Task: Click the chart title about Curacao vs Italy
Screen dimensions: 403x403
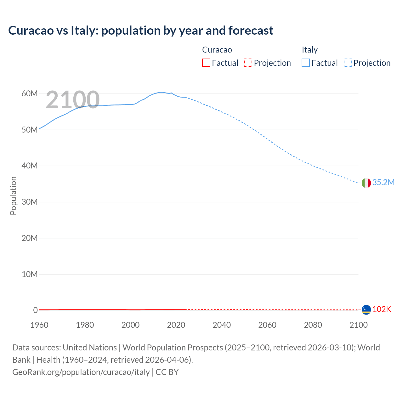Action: pos(141,31)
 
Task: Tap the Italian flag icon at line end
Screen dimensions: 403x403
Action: pos(366,183)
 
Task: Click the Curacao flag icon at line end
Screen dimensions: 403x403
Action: pos(366,310)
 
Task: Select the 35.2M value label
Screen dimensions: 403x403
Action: pos(383,183)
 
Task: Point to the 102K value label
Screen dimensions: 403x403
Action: pos(382,309)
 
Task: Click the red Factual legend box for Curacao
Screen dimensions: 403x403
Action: pos(206,63)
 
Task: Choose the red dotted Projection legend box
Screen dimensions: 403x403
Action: pos(248,63)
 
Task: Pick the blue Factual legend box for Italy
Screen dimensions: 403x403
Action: pos(306,63)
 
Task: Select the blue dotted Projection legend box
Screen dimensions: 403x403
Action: pos(348,63)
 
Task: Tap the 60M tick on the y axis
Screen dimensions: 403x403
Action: pos(30,94)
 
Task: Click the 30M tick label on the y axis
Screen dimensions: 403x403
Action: pos(30,202)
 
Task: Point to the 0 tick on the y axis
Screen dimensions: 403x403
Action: pos(35,310)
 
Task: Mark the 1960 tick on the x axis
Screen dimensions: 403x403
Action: pos(39,325)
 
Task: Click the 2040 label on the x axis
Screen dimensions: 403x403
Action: pos(222,325)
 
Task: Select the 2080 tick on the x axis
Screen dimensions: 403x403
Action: pos(313,325)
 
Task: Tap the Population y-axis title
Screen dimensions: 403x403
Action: pos(13,196)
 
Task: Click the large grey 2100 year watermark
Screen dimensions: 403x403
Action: pos(73,100)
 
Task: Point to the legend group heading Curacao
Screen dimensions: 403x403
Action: pos(217,50)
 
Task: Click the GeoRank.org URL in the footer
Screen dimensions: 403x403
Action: pos(81,372)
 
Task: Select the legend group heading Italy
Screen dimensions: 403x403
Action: pos(309,50)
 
